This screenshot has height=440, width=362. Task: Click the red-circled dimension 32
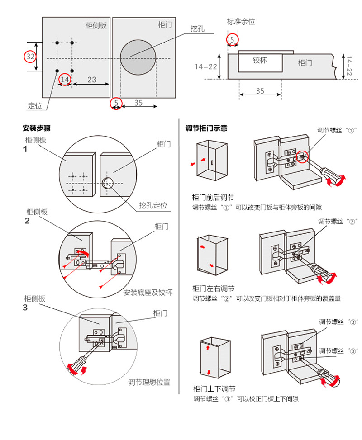point(30,57)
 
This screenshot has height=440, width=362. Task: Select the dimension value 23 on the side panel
point(92,80)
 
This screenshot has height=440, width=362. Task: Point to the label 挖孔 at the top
point(198,29)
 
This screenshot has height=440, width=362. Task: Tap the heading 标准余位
point(241,22)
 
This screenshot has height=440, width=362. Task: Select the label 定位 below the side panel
point(35,106)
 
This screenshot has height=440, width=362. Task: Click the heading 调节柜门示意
point(206,128)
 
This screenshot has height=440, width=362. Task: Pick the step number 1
point(25,148)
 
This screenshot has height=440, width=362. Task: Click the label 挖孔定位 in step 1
point(153,205)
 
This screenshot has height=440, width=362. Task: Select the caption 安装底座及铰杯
point(148,292)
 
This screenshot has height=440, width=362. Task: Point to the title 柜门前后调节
point(213,198)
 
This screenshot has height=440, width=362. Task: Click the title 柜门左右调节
point(213,289)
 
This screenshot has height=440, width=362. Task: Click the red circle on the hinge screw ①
point(302,157)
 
